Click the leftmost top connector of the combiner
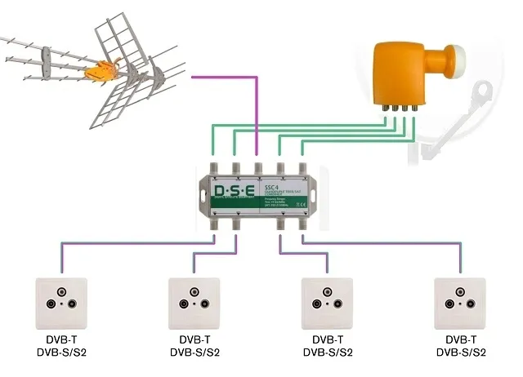tap(213, 168)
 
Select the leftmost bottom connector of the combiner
tap(214, 222)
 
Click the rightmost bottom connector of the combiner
tap(302, 222)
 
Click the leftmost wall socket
tap(62, 301)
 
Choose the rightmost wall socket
tap(461, 301)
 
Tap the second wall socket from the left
tap(194, 301)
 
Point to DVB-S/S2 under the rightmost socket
tap(461, 353)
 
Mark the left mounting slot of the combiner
tap(203, 195)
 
